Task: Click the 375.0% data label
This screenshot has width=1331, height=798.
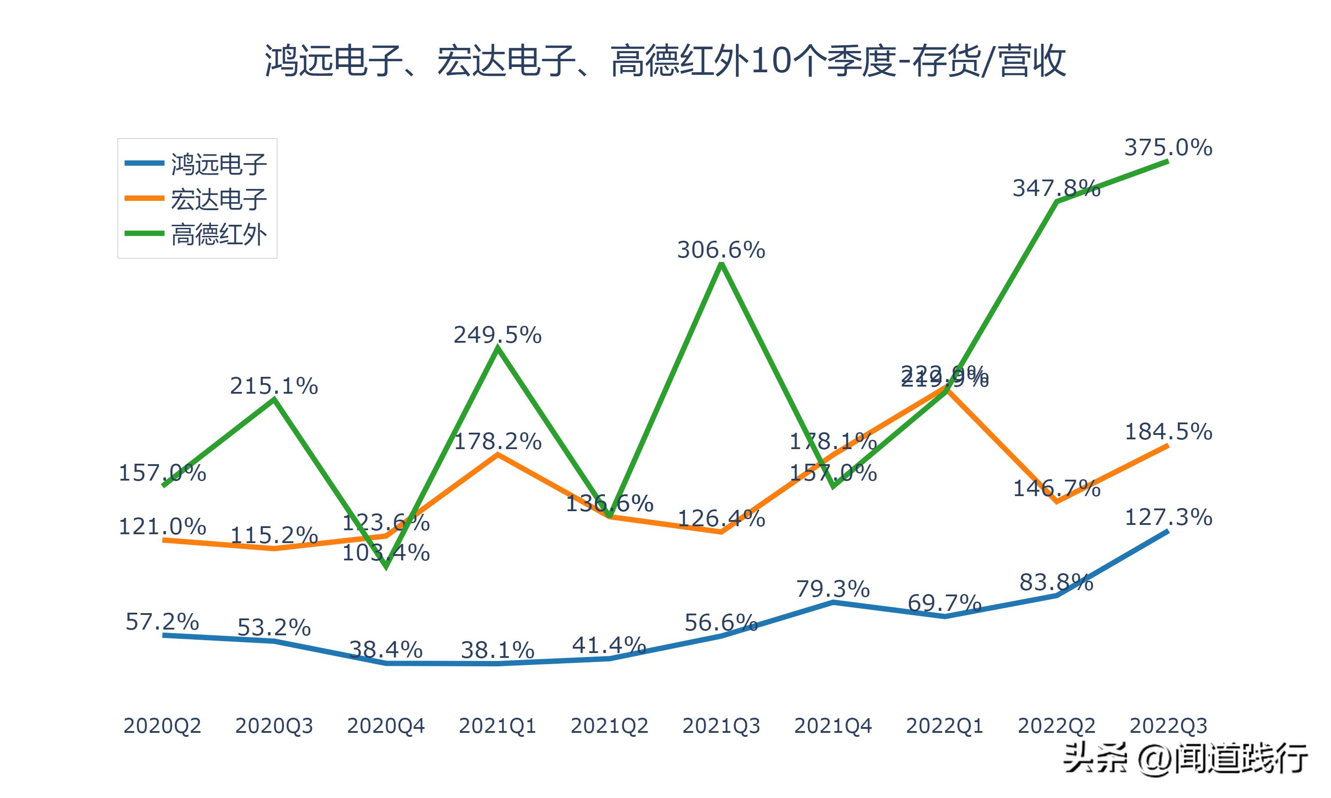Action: click(1168, 147)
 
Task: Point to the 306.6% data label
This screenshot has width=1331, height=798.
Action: click(721, 250)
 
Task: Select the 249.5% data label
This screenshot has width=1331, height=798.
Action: click(497, 335)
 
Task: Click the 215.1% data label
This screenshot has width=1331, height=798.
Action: click(274, 386)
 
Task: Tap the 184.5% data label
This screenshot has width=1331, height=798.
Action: click(1168, 432)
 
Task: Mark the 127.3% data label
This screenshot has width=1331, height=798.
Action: click(1168, 517)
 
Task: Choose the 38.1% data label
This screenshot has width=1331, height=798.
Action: click(497, 650)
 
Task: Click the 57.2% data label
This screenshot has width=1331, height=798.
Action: click(162, 622)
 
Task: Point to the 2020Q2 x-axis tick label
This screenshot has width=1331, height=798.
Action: click(162, 726)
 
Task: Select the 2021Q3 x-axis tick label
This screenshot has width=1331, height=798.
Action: click(721, 726)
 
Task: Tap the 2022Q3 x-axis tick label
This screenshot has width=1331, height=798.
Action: click(1168, 726)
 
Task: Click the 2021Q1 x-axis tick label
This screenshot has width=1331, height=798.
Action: click(497, 726)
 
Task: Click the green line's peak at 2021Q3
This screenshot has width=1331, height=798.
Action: click(721, 265)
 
